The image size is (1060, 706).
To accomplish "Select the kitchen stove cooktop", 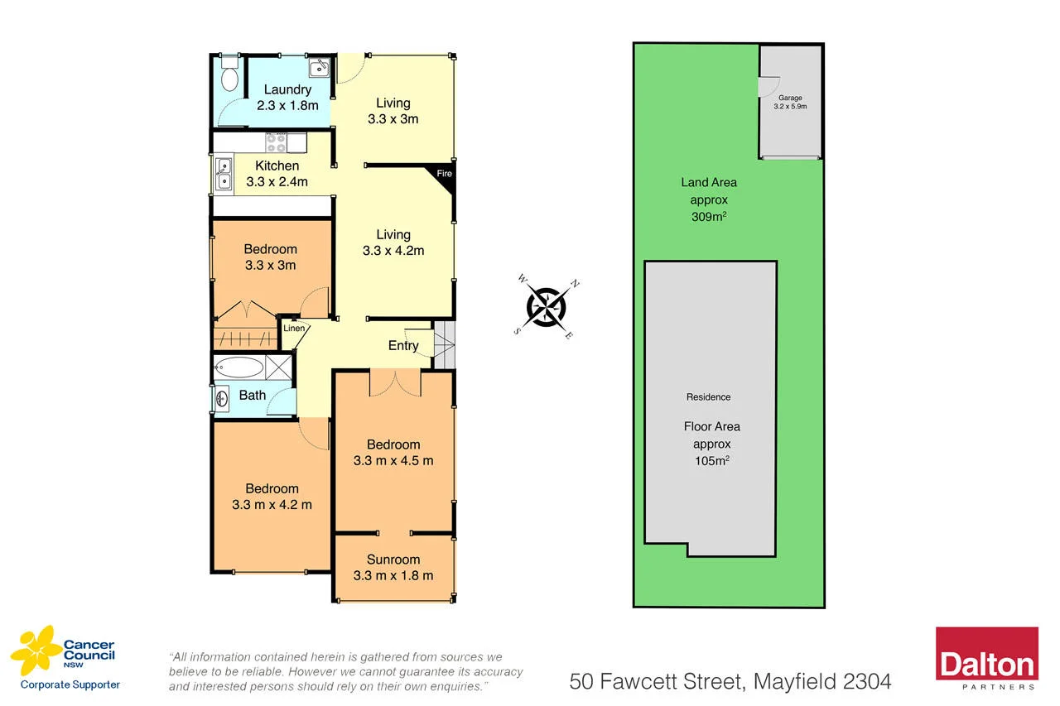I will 276,143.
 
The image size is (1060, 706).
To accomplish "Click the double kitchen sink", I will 224,174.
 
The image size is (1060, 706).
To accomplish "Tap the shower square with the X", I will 280,367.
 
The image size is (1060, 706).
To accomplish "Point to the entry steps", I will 445,345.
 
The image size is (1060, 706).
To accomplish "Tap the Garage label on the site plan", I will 789,98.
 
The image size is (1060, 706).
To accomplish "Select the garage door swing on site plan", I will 768,86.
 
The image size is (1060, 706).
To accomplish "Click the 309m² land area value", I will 708,218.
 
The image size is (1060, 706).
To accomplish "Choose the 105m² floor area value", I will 711,461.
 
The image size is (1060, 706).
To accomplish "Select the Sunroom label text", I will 393,560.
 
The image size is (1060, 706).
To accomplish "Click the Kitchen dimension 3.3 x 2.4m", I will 277,182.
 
